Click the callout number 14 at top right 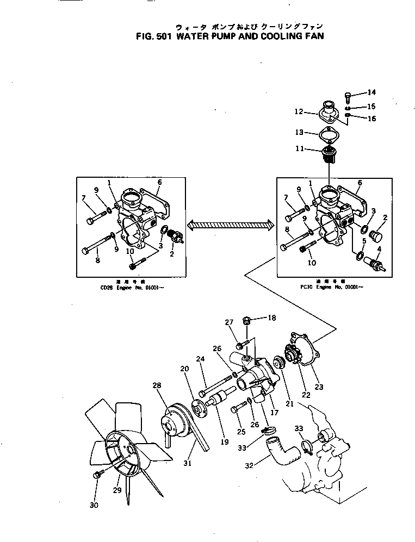point(371,92)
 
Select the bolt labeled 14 point(349,97)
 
